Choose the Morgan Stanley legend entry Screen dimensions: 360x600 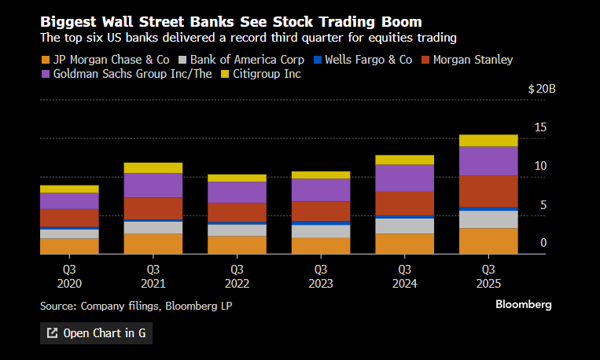pyautogui.click(x=466, y=59)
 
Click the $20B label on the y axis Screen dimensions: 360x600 pyautogui.click(x=542, y=90)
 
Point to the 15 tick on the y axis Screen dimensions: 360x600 pyautogui.click(x=540, y=127)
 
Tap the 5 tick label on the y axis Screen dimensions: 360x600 pyautogui.click(x=543, y=205)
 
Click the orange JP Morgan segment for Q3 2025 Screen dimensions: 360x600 pyautogui.click(x=488, y=241)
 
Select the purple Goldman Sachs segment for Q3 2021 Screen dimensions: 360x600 pyautogui.click(x=153, y=185)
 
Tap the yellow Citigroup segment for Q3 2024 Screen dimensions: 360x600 pyautogui.click(x=404, y=160)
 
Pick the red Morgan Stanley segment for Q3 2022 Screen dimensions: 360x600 pyautogui.click(x=237, y=212)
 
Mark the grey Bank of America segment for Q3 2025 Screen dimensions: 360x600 pyautogui.click(x=488, y=219)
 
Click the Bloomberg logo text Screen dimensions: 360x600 pyautogui.click(x=524, y=304)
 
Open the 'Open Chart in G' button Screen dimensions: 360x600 pyautogui.click(x=96, y=332)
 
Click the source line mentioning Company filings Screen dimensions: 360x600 pyautogui.click(x=136, y=305)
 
